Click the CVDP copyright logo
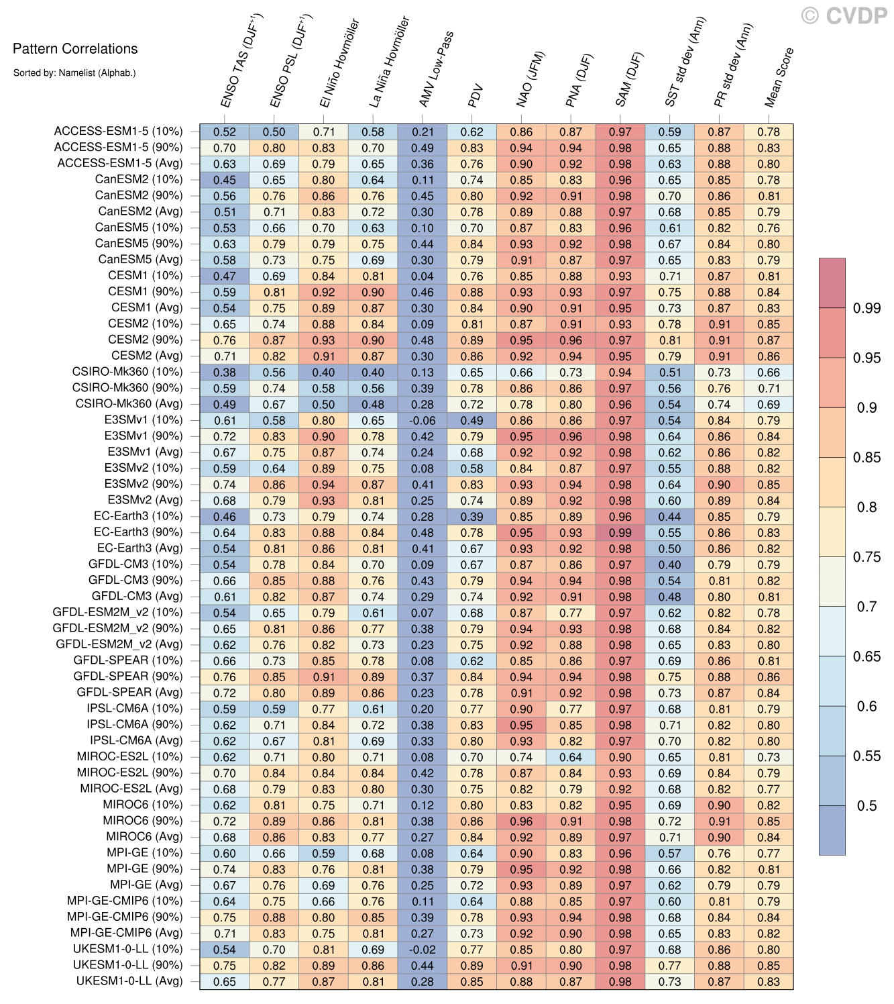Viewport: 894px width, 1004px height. (x=844, y=15)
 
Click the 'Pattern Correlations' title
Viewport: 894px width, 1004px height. (x=75, y=48)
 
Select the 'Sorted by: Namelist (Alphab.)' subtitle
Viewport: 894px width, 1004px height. (x=74, y=72)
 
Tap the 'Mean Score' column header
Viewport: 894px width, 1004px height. (x=779, y=78)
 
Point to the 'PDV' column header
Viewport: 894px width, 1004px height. (x=476, y=96)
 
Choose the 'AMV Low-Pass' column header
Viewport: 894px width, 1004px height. (x=437, y=70)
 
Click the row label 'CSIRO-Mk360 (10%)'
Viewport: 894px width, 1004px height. (x=127, y=372)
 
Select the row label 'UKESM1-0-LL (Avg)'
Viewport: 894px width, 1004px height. (x=129, y=981)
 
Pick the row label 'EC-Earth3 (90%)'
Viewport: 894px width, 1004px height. (x=138, y=532)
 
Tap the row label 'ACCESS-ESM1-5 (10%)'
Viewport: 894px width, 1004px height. (x=118, y=132)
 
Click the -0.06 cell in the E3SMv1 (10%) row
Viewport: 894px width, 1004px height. (x=423, y=421)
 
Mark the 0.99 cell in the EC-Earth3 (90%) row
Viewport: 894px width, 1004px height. (x=620, y=533)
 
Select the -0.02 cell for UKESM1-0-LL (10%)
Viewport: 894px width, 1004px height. (x=423, y=950)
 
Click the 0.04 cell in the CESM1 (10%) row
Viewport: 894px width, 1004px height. (x=423, y=277)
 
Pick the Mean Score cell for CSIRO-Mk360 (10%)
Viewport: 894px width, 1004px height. (x=769, y=372)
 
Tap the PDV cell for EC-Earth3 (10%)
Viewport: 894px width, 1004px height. (x=472, y=517)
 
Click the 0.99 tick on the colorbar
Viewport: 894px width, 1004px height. (x=866, y=308)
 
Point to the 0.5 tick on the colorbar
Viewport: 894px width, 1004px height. (x=867, y=806)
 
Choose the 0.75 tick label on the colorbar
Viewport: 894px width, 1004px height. (x=867, y=557)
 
